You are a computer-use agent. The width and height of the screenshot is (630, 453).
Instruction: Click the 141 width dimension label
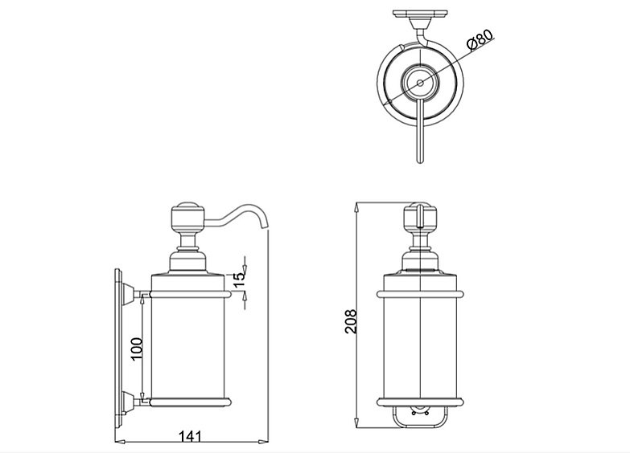190,436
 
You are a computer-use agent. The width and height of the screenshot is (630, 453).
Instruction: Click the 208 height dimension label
351,321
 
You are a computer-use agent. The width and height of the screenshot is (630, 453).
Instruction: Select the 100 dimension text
137,349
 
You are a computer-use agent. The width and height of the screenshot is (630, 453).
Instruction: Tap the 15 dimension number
239,280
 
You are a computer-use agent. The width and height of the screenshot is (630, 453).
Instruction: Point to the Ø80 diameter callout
480,39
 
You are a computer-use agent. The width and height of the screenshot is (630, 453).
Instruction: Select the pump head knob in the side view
188,217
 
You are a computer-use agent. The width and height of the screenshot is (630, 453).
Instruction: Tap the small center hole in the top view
420,83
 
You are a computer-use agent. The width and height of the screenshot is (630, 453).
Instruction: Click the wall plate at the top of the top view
420,14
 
